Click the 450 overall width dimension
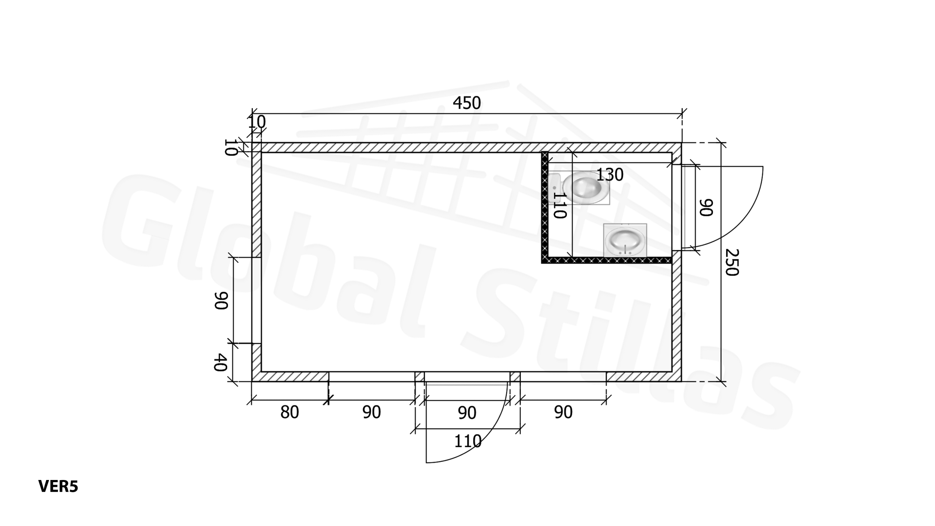[467, 103]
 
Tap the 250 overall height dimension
[732, 262]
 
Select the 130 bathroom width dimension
[610, 175]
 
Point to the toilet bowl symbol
[586, 187]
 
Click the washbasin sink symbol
[625, 240]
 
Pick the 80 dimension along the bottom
[290, 412]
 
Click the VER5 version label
[58, 487]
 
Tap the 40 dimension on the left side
[221, 362]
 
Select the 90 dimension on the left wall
[221, 301]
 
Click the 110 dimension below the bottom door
[467, 442]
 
